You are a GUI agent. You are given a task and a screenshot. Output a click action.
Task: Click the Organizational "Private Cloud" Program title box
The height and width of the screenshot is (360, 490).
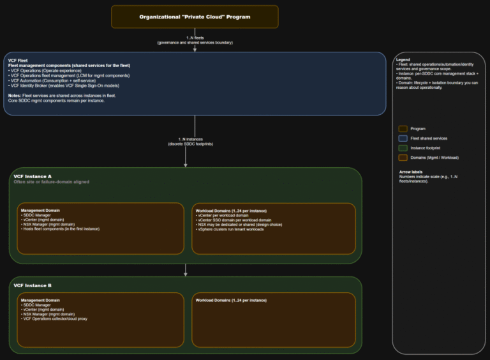[195, 17]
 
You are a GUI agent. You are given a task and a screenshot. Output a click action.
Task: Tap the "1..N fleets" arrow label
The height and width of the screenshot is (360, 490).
[195, 38]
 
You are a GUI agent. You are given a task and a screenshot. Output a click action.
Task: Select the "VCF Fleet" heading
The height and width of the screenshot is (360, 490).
[18, 61]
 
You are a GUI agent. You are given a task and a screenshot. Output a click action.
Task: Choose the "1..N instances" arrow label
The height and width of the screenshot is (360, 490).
[195, 139]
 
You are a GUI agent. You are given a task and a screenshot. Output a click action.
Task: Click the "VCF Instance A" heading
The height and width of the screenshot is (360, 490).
[33, 176]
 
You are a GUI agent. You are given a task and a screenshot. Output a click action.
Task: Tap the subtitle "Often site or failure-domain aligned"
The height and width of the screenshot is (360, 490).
[52, 182]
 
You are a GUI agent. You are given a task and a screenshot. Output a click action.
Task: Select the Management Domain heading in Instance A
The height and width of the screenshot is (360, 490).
[40, 210]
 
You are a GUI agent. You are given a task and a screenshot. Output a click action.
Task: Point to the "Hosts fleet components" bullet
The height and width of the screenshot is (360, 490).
[60, 229]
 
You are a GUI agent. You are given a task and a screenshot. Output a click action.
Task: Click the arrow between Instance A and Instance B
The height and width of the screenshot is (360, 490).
[186, 270]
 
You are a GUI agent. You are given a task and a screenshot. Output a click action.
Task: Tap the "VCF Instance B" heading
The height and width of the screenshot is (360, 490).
[33, 285]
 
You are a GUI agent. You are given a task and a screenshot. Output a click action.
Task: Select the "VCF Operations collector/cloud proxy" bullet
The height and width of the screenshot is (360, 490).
[54, 319]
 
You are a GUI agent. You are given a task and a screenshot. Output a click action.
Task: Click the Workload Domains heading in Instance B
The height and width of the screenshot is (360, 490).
[231, 300]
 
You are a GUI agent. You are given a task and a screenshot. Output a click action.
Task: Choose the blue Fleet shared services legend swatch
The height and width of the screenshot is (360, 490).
[403, 138]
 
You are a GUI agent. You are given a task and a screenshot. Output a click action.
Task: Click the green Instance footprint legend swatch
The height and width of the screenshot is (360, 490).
[403, 147]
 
